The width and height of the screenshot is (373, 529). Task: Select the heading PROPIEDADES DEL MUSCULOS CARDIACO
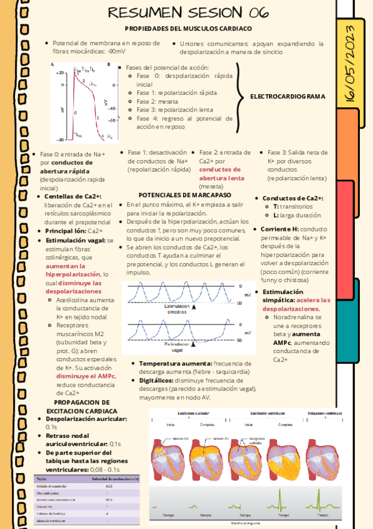coord(188,29)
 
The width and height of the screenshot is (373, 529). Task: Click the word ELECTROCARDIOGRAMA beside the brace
coord(288,97)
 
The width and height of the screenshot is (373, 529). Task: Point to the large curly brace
coord(241,96)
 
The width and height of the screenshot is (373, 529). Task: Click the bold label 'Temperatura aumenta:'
coord(175,363)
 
